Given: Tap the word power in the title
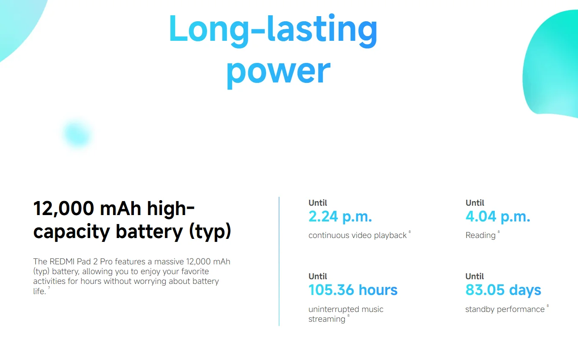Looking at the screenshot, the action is click(x=278, y=73).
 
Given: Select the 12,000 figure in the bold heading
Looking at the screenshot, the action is click(x=64, y=209).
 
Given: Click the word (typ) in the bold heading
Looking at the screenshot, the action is click(x=210, y=232).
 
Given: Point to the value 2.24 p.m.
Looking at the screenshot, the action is click(x=340, y=217).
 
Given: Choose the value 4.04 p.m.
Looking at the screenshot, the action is click(x=498, y=217).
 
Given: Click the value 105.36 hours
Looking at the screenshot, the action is click(x=353, y=290).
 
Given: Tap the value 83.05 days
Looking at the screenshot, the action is click(x=503, y=290).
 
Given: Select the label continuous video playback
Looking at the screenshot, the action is click(x=357, y=235).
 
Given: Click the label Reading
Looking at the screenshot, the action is click(x=480, y=235).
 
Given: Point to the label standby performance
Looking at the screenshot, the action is click(x=505, y=309).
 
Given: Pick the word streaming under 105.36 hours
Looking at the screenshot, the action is click(x=327, y=319).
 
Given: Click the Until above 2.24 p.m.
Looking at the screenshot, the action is click(x=317, y=203).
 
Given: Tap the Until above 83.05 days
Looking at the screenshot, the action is click(x=475, y=276).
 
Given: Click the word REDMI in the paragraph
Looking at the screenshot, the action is click(x=62, y=262).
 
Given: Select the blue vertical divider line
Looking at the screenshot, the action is click(x=279, y=261).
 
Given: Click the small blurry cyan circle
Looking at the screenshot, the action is click(x=77, y=134).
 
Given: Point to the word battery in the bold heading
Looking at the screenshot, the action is click(x=150, y=232).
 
